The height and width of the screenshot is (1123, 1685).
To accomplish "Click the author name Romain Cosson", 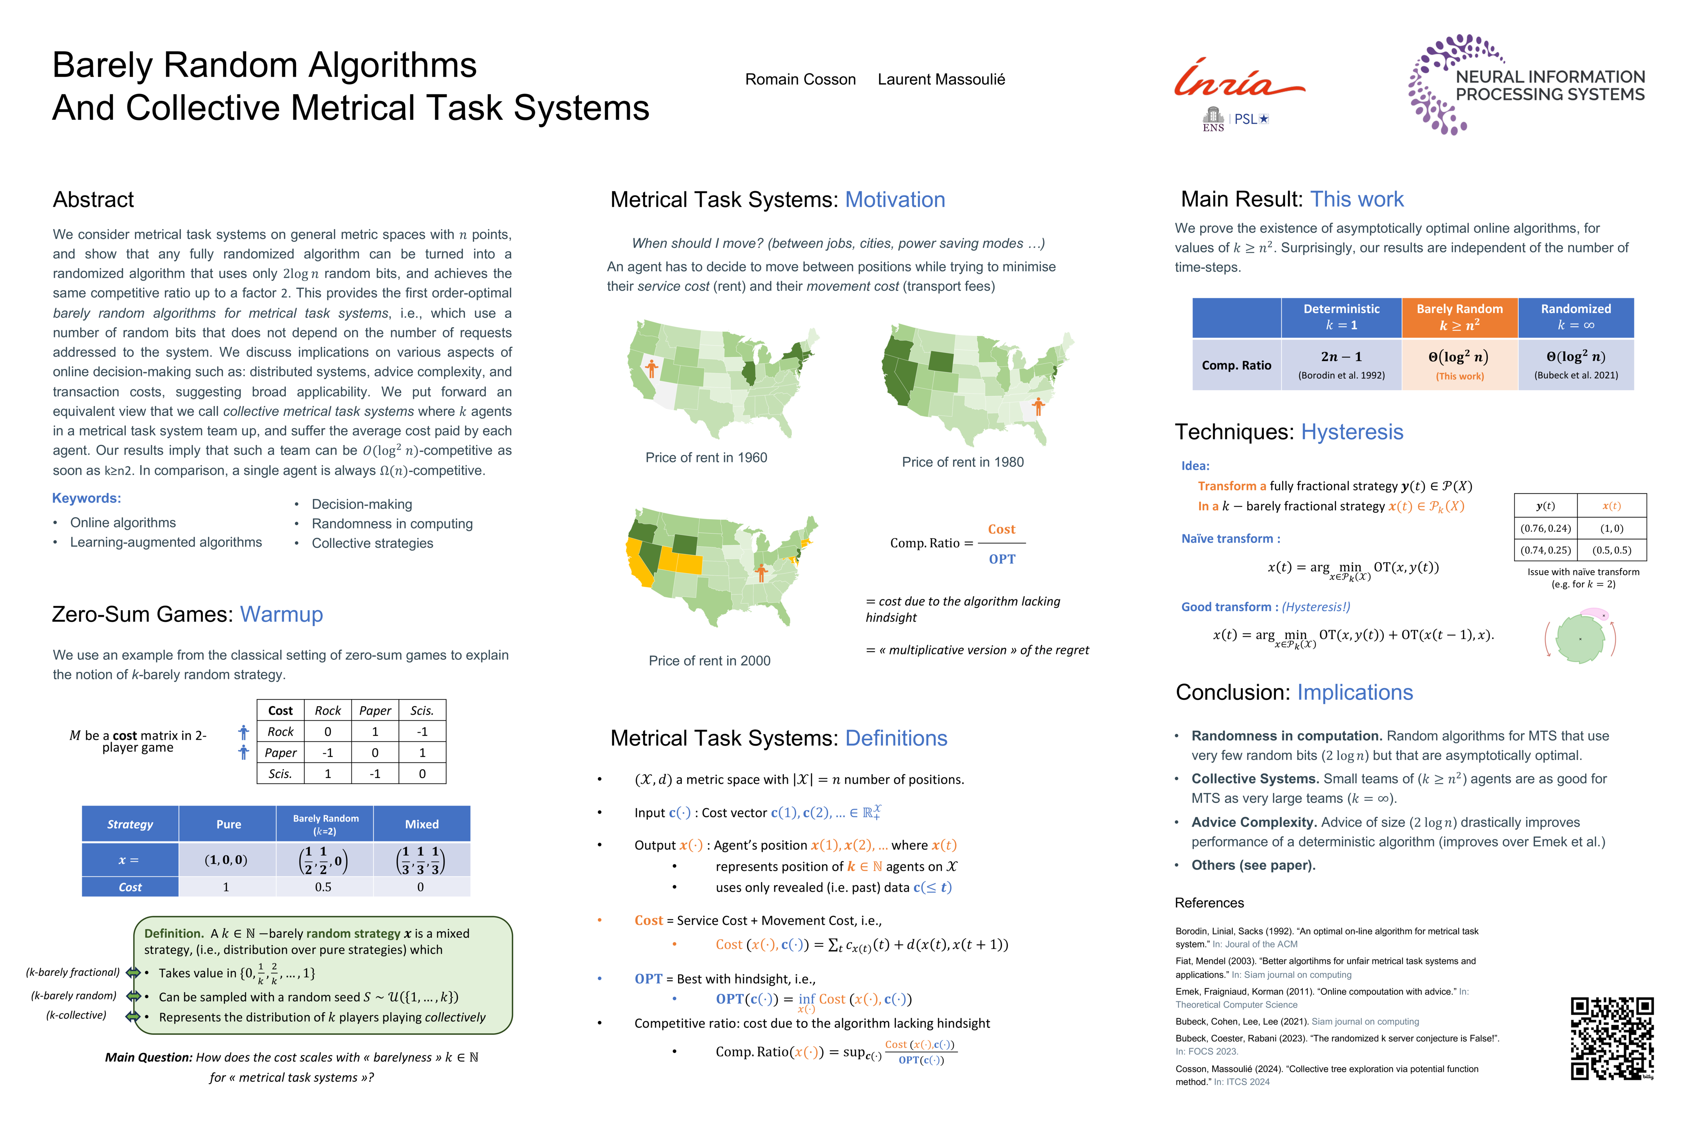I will (800, 80).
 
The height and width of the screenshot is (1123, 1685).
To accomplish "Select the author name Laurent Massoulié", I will (941, 80).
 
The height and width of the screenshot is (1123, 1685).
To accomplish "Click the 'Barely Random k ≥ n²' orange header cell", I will (1459, 317).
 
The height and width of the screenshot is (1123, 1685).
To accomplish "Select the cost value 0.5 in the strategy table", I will (323, 887).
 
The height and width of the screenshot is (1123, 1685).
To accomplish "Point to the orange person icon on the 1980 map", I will (1038, 406).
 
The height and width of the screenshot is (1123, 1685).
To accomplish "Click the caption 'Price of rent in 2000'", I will (709, 660).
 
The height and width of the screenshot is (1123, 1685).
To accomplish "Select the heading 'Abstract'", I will (93, 200).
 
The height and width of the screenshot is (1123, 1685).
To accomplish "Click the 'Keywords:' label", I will (87, 498).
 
